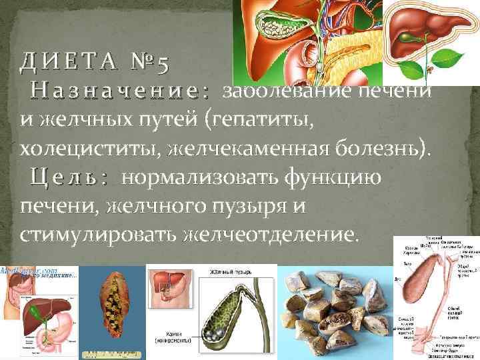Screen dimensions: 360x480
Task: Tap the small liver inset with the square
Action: tap(166, 287)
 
